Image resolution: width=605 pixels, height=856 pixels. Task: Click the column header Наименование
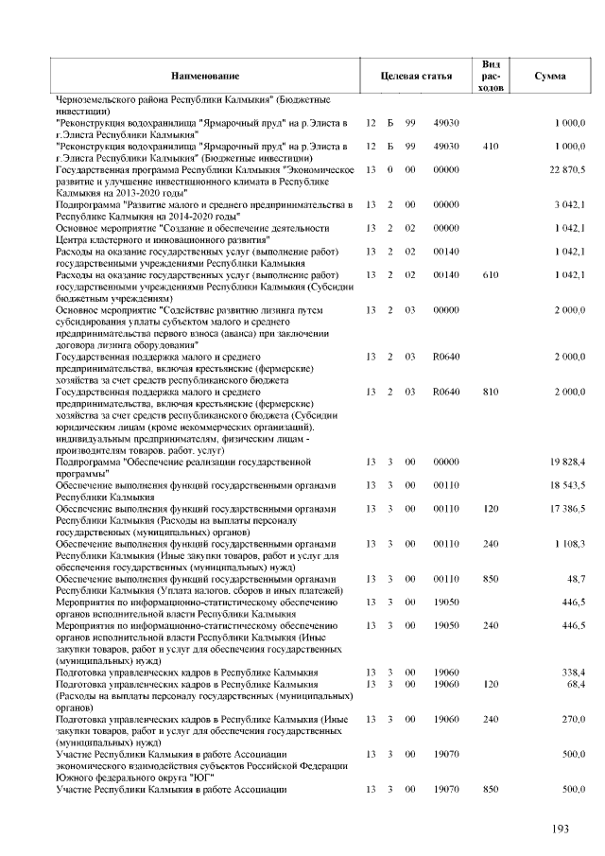point(205,75)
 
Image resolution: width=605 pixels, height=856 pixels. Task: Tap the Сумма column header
point(550,75)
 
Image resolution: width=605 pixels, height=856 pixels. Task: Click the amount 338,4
point(574,673)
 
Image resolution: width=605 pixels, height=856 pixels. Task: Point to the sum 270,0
point(574,719)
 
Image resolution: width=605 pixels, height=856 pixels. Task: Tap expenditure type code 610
point(490,274)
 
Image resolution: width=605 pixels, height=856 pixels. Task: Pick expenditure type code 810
point(490,391)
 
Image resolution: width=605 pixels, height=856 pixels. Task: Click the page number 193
point(561,829)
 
